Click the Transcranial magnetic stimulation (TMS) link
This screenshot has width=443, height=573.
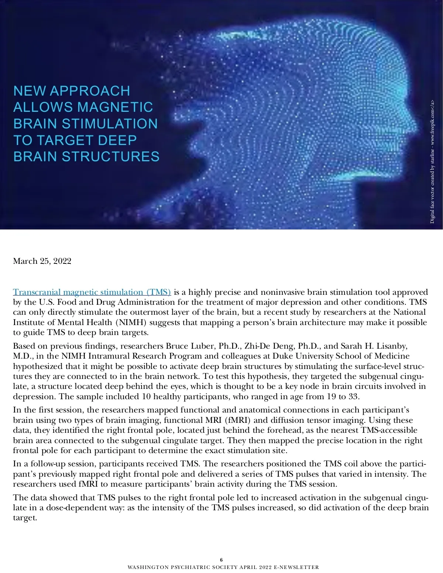click(x=92, y=292)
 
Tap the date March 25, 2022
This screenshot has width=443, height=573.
click(x=42, y=261)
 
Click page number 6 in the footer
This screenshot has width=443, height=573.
click(x=221, y=559)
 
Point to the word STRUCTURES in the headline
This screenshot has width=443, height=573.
click(x=110, y=156)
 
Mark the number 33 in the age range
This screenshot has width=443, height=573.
click(x=353, y=397)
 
